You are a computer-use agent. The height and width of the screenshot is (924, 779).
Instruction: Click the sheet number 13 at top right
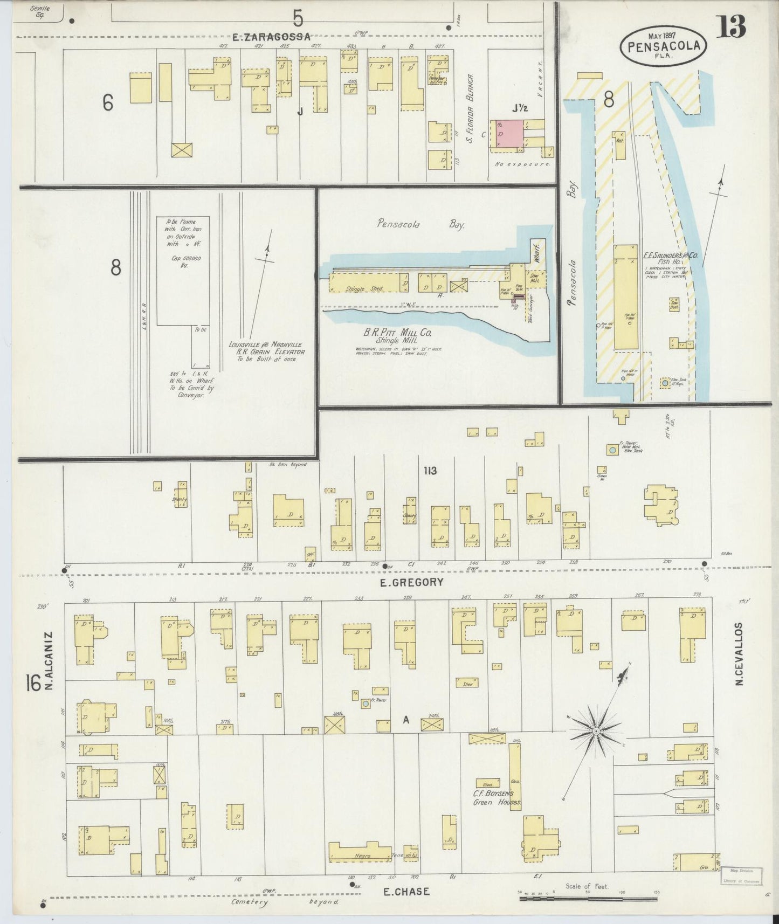point(731,27)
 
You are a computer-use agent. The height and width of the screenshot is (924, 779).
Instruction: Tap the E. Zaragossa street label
point(272,37)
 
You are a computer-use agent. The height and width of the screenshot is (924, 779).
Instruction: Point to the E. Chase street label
point(406,892)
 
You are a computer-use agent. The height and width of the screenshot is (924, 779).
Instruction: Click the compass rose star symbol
point(596,732)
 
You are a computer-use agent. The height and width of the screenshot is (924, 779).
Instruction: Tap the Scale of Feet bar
point(588,899)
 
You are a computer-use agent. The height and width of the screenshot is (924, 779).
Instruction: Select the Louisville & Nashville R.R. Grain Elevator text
point(266,352)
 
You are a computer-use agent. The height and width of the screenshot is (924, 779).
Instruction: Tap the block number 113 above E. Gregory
point(430,471)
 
